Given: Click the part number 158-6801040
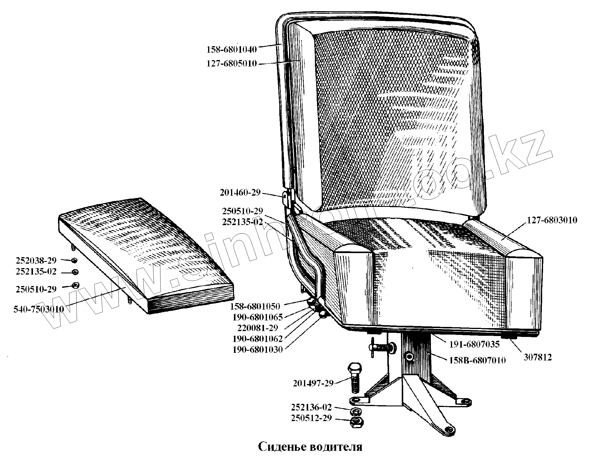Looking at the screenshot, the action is click(232, 49).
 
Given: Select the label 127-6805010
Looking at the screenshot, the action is click(232, 64).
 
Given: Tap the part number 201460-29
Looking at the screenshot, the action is click(240, 193).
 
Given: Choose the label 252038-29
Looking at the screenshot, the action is click(36, 260).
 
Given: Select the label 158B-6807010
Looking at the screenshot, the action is click(477, 360).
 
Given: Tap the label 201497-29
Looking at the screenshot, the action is click(313, 383).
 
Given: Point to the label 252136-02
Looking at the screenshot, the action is click(311, 408).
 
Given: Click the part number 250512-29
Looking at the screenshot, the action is click(311, 418).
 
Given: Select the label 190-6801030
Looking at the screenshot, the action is click(258, 350).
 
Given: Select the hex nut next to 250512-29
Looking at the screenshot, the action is click(356, 422).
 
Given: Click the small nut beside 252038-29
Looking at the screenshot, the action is click(75, 260).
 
